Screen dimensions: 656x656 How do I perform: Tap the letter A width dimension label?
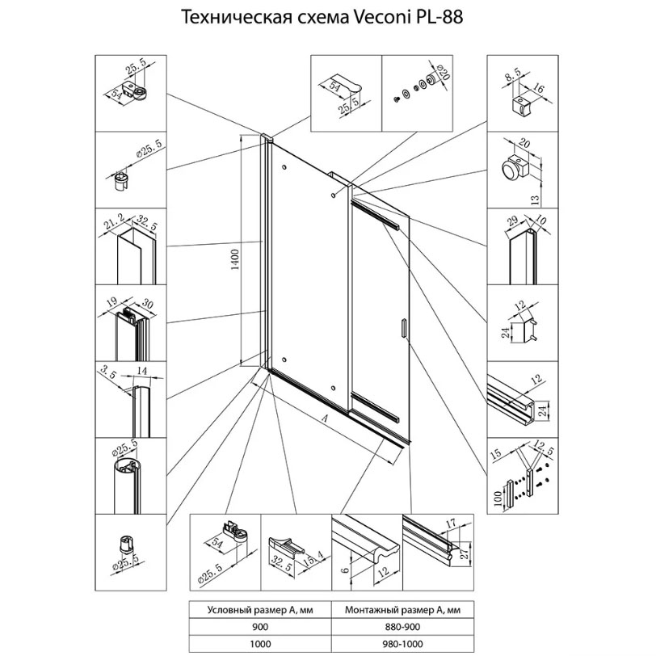[x=324, y=419]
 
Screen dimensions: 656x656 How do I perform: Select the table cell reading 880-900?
[x=402, y=626]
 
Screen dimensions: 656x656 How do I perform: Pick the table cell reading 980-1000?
[x=402, y=644]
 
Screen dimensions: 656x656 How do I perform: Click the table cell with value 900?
[x=259, y=626]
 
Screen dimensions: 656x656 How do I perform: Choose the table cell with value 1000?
[x=259, y=644]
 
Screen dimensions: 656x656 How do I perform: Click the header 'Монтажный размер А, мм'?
[x=402, y=609]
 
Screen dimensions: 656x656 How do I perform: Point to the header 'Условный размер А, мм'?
[x=259, y=609]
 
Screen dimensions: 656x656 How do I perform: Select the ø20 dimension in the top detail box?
[x=443, y=78]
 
